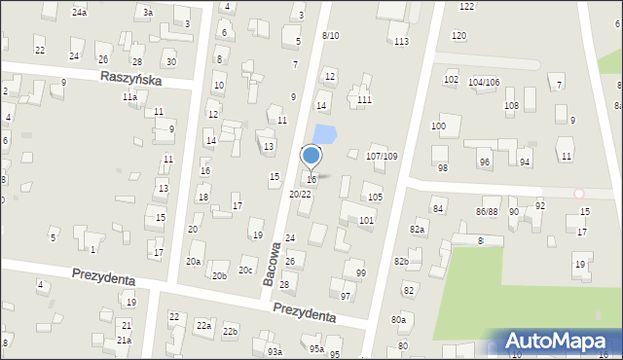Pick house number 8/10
coord(330,36)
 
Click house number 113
coord(401,42)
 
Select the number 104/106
coord(484,83)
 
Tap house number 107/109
coord(381,157)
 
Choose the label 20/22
coord(300,195)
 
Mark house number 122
coord(466,7)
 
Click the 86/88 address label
coord(487,211)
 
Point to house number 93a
coord(275,351)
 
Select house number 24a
coord(80,13)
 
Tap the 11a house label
coord(129,97)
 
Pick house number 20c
coord(246,270)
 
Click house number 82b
coord(400,262)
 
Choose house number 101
coord(366,221)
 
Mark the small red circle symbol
coord(579,194)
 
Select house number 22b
coord(230,332)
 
